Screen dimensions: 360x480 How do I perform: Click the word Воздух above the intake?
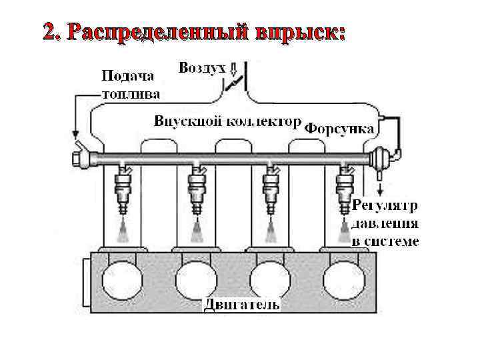(202, 68)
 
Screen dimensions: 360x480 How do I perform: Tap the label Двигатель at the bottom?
(241, 305)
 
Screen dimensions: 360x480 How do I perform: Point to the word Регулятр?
(384, 205)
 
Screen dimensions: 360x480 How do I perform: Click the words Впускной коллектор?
(224, 122)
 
